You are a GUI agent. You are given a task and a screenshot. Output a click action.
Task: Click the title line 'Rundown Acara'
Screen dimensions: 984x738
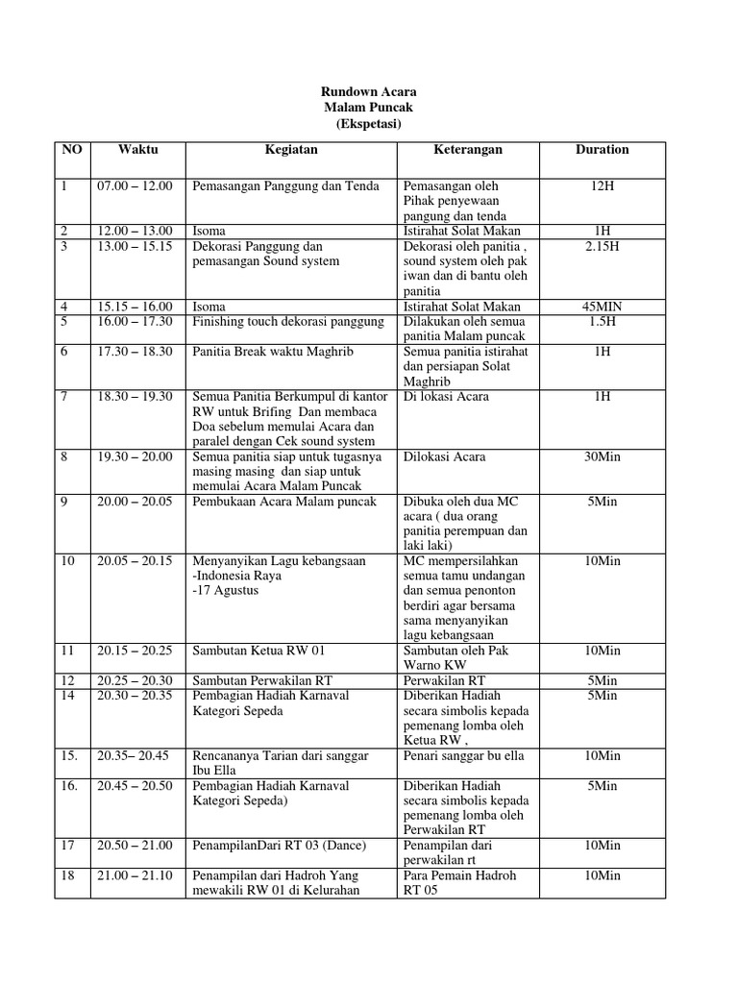click(369, 92)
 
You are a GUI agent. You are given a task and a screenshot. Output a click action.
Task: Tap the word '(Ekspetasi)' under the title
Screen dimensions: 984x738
click(369, 125)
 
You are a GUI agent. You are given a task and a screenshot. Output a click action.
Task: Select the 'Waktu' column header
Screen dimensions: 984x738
click(137, 150)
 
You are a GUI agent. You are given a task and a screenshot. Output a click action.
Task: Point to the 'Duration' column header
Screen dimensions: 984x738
click(603, 150)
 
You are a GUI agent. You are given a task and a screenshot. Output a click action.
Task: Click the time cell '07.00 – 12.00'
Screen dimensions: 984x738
click(135, 185)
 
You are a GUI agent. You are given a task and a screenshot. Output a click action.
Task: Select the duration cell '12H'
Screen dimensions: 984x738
click(603, 185)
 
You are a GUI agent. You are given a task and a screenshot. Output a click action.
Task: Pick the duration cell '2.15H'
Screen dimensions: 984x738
click(603, 246)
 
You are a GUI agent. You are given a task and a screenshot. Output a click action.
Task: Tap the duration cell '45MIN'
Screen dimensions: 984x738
click(603, 307)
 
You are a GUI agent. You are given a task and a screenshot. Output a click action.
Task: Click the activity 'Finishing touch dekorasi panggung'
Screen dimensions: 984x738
click(288, 321)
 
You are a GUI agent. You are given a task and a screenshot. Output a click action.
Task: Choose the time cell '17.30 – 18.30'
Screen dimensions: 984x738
click(135, 353)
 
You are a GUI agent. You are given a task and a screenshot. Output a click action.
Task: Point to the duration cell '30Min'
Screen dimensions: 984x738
click(603, 456)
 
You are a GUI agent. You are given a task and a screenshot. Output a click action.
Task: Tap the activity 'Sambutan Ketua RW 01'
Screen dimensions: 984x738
click(257, 651)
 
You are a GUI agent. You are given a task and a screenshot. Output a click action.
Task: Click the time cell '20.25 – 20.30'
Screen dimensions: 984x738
click(135, 680)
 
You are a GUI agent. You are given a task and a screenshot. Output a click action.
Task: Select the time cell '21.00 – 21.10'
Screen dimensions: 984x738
click(135, 875)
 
